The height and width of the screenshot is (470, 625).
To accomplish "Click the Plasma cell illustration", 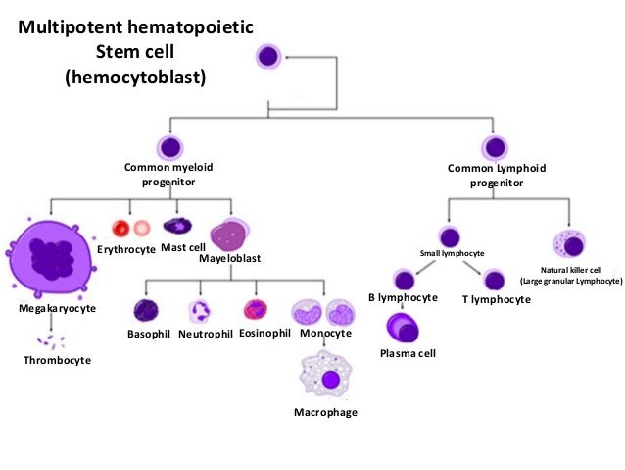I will (x=402, y=327).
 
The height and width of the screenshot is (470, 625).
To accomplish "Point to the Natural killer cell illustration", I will (x=569, y=242).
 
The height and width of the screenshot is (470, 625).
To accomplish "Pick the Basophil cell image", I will (x=146, y=311).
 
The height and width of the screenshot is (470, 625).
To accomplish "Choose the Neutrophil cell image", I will (x=202, y=311).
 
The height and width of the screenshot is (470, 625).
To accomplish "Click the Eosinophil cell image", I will (x=257, y=311).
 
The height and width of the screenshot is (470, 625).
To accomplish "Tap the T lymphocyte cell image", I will (x=495, y=279).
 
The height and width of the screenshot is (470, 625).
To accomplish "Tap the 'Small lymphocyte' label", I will (x=452, y=254).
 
